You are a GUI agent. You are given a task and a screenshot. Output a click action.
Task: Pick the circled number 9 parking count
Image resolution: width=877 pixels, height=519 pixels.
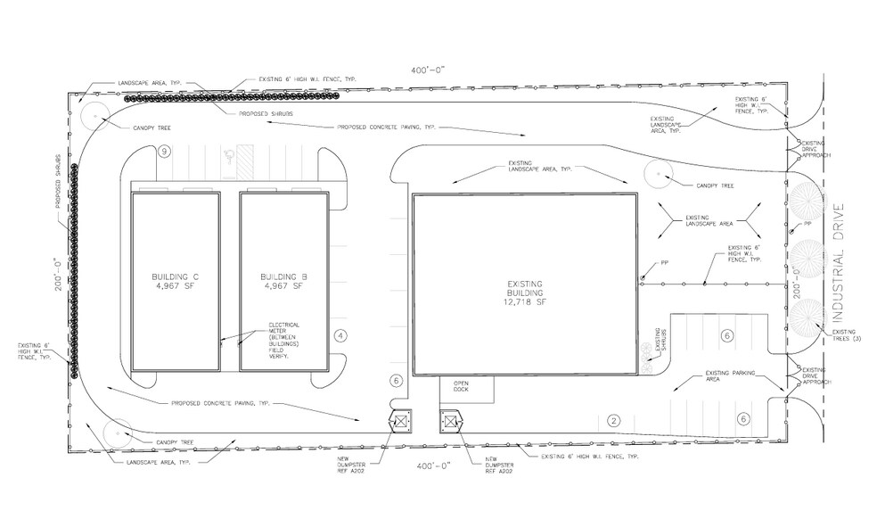tap(164, 152)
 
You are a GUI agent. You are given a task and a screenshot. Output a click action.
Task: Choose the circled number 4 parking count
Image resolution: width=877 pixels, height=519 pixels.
tap(340, 335)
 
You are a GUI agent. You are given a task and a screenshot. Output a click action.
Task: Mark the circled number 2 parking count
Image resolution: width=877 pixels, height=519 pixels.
tap(613, 420)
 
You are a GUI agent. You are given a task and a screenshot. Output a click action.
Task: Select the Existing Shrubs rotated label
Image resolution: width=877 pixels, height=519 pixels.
tap(660, 342)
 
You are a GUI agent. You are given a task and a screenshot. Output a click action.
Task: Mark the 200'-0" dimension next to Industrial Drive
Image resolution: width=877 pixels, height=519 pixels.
tap(795, 278)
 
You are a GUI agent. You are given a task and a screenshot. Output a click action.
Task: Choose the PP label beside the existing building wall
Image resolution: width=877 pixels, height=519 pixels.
tap(664, 263)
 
